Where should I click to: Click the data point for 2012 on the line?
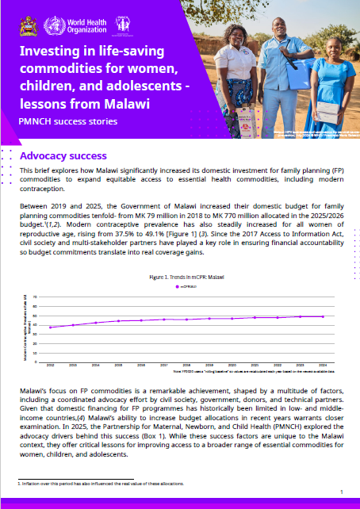50,327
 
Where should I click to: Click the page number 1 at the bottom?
340,492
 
